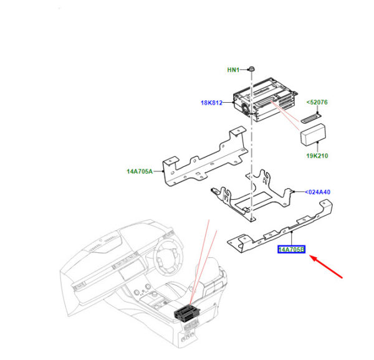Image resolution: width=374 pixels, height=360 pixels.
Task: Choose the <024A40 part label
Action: click(318, 192)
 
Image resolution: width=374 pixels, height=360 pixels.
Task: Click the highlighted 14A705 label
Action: click(291, 250)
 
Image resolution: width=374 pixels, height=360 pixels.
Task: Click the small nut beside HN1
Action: click(251, 69)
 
